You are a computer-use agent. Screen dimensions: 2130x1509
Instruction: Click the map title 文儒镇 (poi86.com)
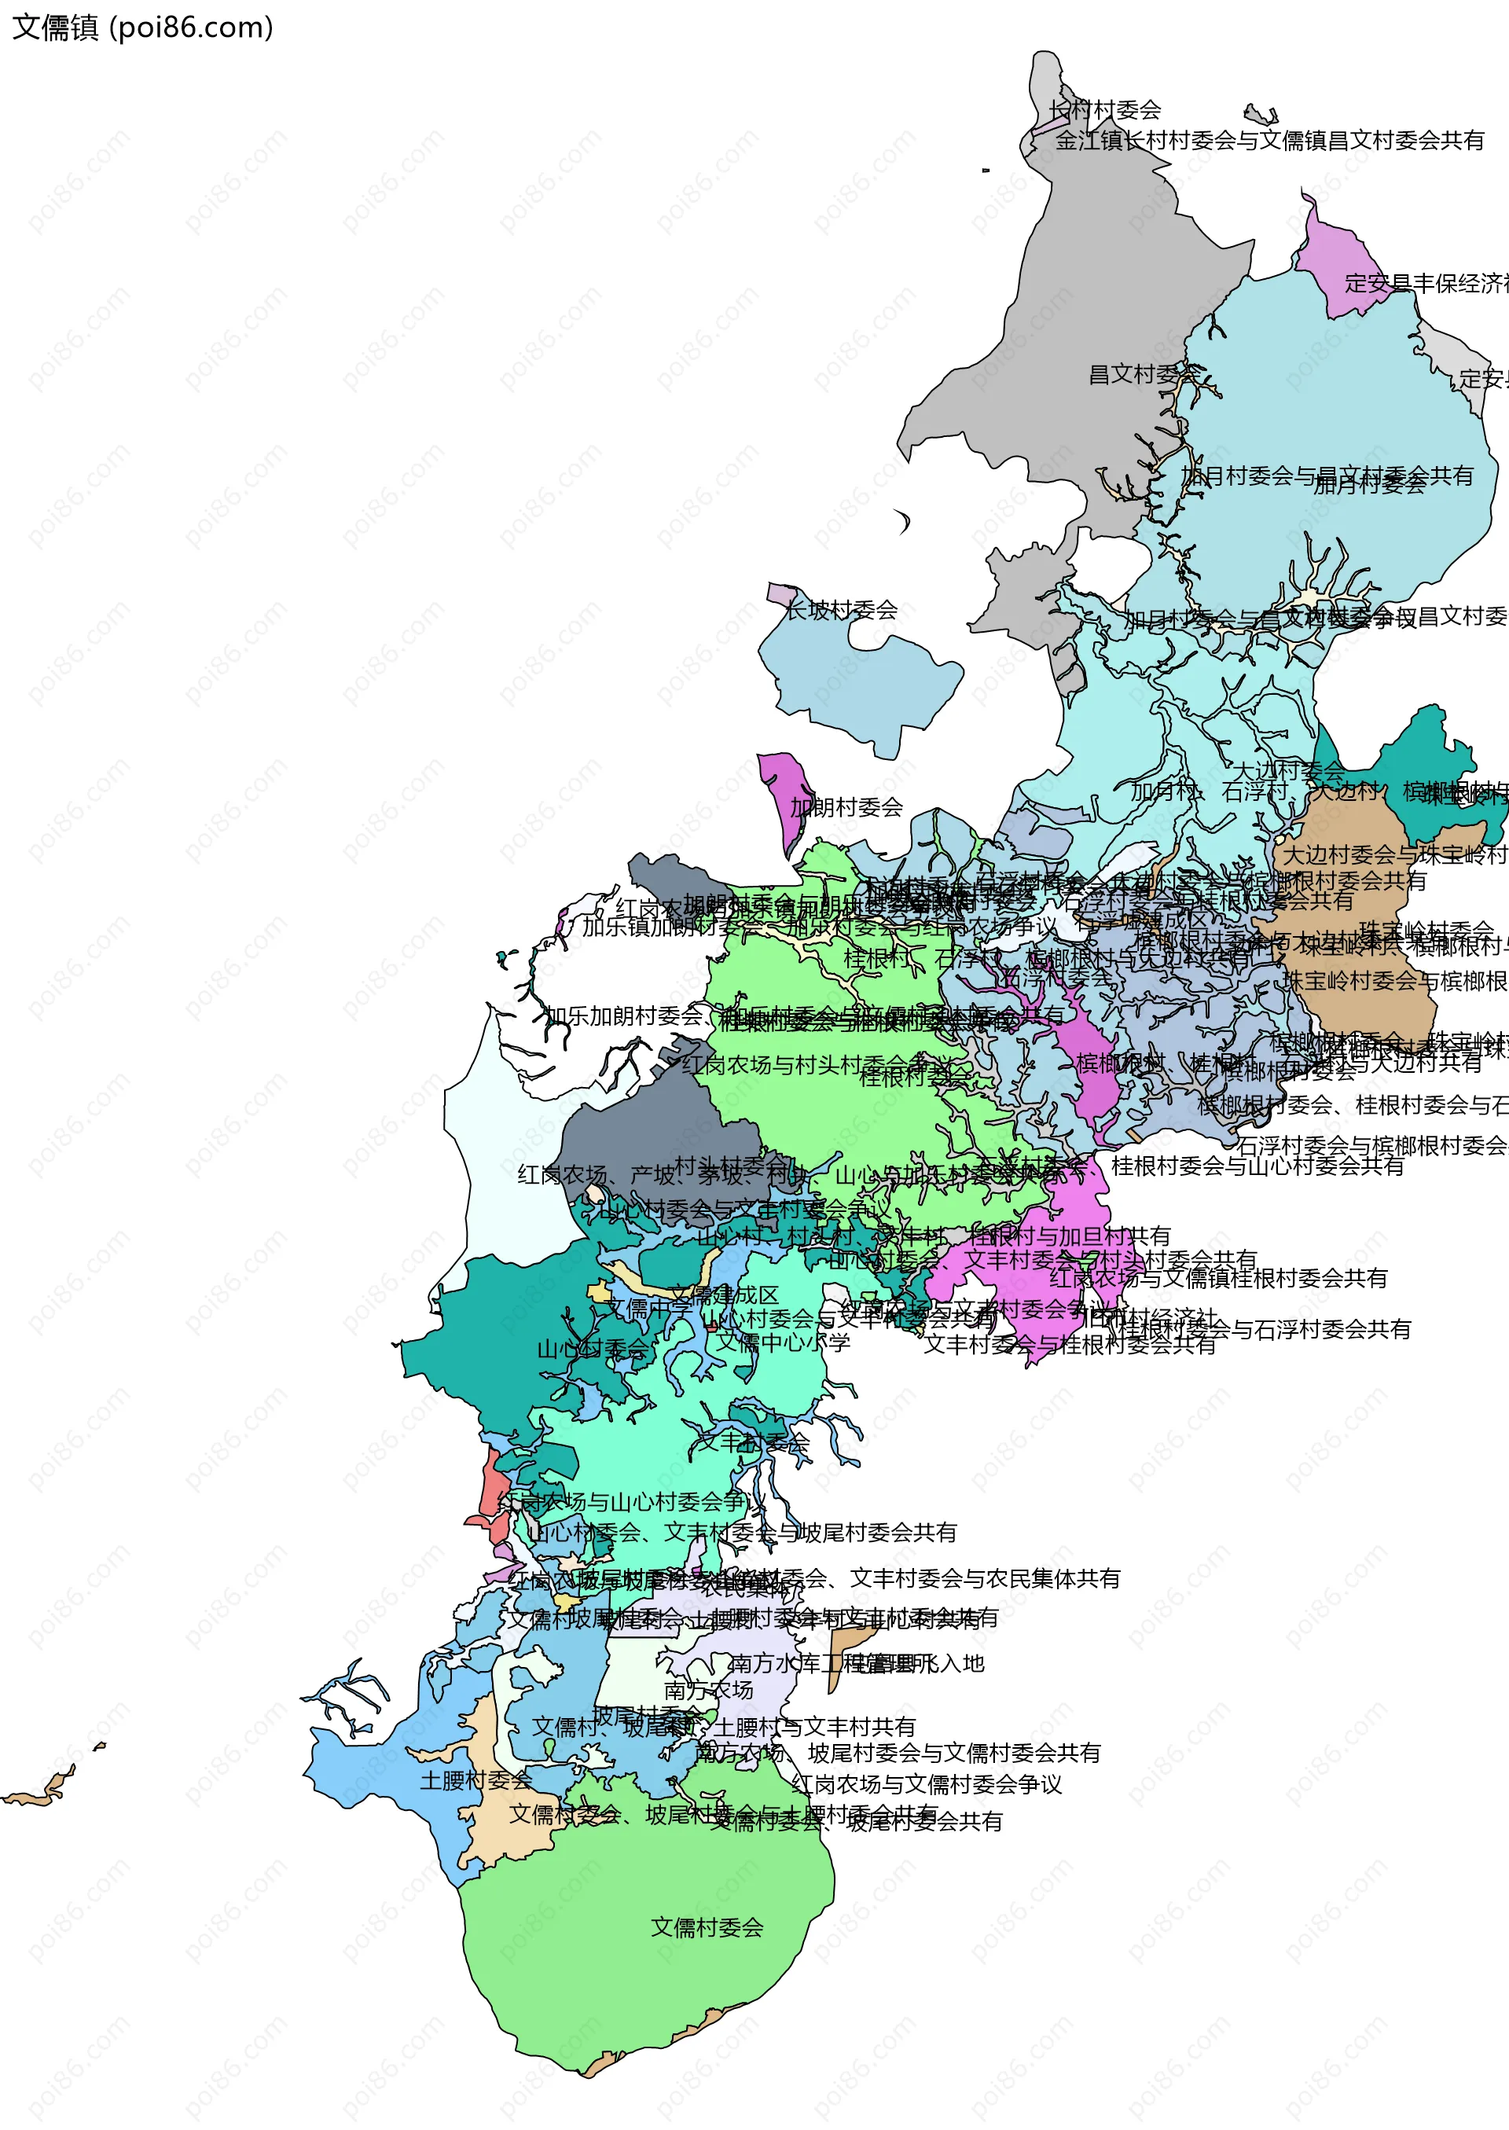142,28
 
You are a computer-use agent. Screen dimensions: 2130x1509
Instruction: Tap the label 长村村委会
1105,111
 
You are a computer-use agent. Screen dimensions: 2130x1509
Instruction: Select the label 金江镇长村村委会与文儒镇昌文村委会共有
1269,141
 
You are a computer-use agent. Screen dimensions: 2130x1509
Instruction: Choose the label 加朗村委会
846,807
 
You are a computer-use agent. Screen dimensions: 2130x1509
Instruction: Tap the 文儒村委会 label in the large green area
707,1927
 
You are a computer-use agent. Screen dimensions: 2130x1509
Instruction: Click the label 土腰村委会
475,1780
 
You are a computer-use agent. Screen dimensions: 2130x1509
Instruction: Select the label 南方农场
708,1690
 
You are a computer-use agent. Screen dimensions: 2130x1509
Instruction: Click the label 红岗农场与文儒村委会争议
927,1784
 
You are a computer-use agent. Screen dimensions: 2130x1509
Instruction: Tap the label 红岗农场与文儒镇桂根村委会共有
1218,1279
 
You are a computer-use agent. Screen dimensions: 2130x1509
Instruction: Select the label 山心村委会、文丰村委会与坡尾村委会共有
741,1533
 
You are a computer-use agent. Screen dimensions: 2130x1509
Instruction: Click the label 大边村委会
1288,771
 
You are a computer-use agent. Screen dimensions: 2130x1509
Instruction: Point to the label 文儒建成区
724,1295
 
